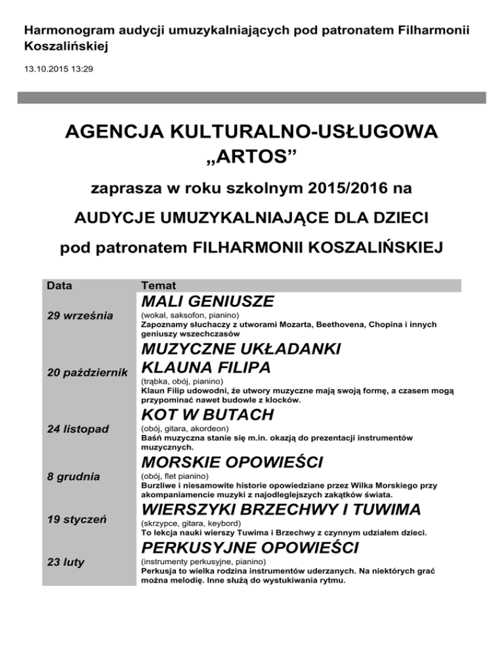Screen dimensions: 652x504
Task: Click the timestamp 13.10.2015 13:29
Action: pyautogui.click(x=58, y=68)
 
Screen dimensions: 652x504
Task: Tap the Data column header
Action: pyautogui.click(x=59, y=286)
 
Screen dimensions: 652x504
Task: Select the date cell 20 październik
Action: pyautogui.click(x=87, y=373)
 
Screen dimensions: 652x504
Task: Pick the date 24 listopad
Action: pyautogui.click(x=79, y=428)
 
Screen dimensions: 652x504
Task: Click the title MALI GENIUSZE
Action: pyautogui.click(x=207, y=302)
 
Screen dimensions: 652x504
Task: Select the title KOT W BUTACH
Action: pyautogui.click(x=207, y=415)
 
